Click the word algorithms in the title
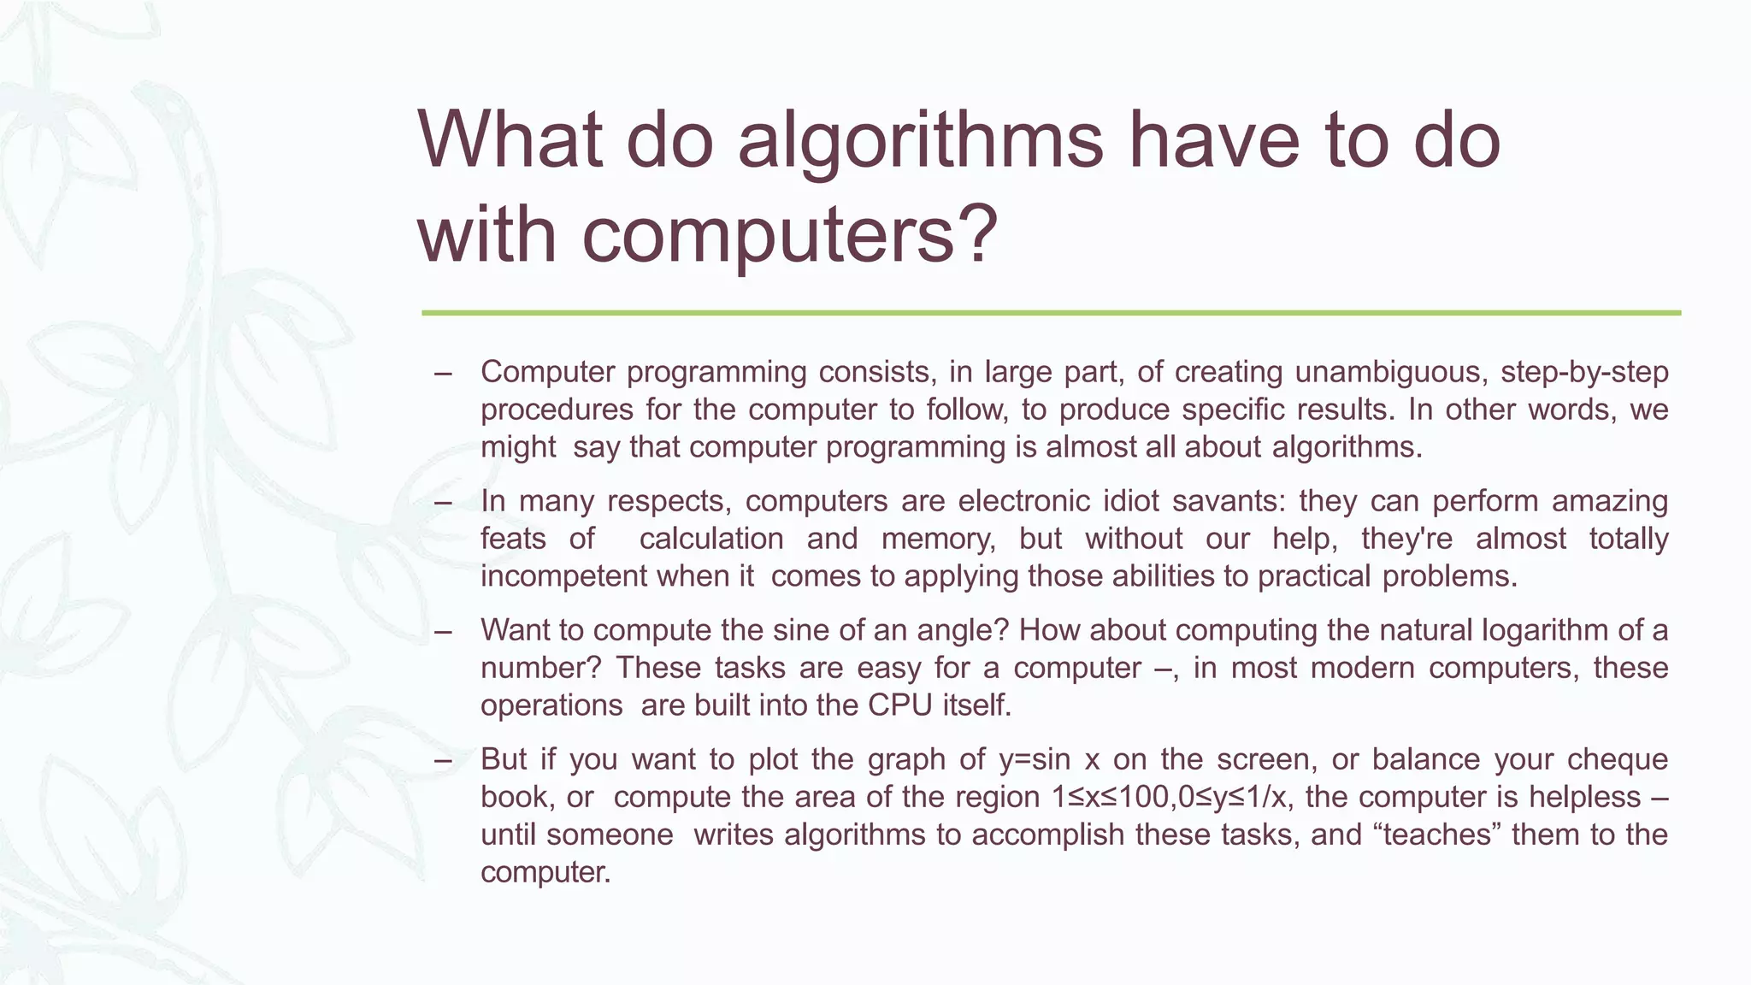(920, 141)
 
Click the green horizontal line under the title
(1051, 313)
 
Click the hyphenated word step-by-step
(1584, 373)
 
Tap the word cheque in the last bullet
(1618, 759)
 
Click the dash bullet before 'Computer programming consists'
(443, 373)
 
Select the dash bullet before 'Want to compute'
(443, 632)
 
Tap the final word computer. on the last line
(545, 872)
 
